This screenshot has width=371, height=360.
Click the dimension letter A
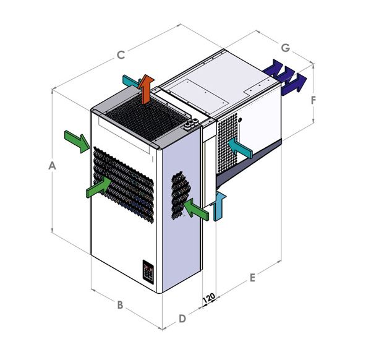pos(52,165)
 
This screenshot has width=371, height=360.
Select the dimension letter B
pos(120,305)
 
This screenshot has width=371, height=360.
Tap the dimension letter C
pos(121,55)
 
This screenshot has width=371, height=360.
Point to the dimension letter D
pos(182,319)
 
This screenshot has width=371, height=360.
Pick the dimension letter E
pos(252,278)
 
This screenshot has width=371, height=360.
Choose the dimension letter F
pos(313,100)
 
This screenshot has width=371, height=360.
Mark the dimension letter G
pos(286,48)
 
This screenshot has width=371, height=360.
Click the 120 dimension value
pos(209,298)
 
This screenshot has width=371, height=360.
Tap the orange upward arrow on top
pos(146,89)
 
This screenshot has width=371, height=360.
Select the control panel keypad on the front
pos(148,272)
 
